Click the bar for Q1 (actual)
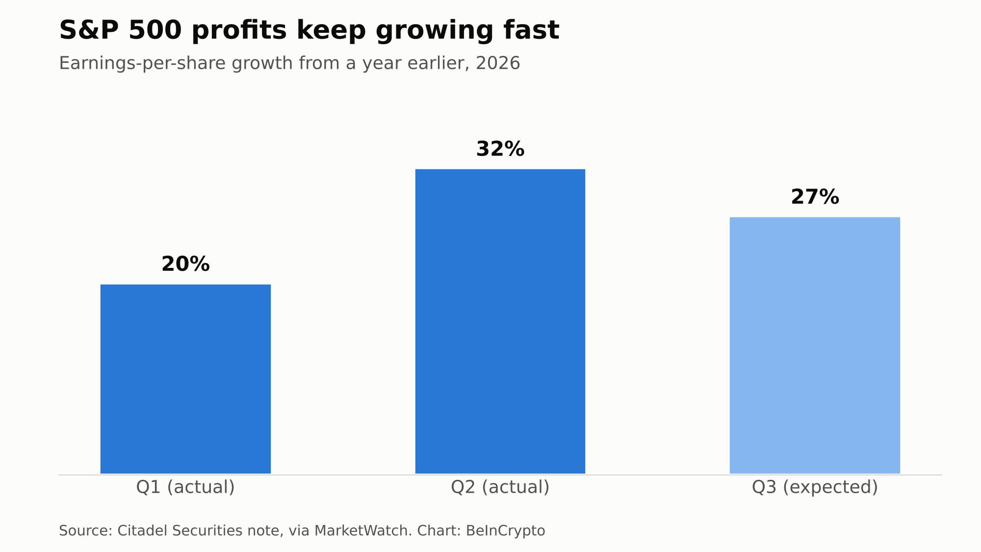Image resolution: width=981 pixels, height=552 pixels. point(185,379)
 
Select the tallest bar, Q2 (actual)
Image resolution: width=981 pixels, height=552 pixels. point(500,321)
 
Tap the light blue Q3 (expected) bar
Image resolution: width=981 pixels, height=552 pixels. point(815,345)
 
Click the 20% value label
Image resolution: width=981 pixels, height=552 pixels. point(185,264)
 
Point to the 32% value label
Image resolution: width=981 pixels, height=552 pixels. point(500,149)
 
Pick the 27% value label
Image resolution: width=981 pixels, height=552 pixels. point(815,197)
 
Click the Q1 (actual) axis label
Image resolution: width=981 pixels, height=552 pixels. point(185,487)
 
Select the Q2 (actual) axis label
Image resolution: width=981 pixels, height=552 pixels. point(500,487)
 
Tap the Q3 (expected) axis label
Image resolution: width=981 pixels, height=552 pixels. point(815,487)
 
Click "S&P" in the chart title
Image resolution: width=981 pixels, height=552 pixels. point(89,30)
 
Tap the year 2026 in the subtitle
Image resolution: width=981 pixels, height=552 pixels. point(498,63)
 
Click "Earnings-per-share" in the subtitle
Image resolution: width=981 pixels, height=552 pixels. point(140,64)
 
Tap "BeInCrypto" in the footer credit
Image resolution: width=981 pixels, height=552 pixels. point(505,531)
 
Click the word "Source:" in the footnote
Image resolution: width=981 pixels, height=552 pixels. point(86,531)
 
